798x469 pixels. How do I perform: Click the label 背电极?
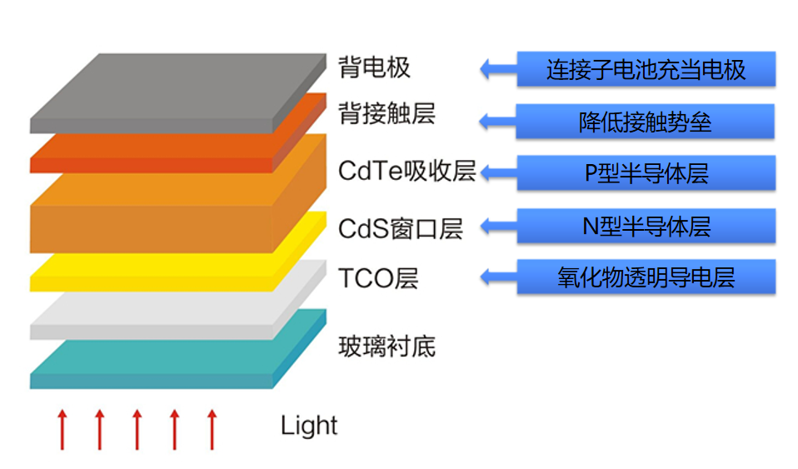pos(374,67)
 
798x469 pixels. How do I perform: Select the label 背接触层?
pos(387,113)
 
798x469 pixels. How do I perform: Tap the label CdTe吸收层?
pos(406,171)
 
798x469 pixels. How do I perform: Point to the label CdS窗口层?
pos(400,227)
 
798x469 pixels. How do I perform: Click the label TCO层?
pos(377,277)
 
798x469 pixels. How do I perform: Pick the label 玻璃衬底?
pos(387,346)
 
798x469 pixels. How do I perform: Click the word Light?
pos(309,426)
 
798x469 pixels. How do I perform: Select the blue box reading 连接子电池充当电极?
pos(646,69)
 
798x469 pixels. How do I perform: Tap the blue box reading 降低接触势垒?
pos(646,122)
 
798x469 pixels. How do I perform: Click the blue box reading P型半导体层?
pos(646,173)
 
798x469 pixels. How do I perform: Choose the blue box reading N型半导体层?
pos(646,226)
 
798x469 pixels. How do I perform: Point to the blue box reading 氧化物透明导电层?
pos(646,277)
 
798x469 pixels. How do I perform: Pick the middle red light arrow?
pos(137,429)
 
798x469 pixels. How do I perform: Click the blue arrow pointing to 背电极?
pos(498,69)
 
